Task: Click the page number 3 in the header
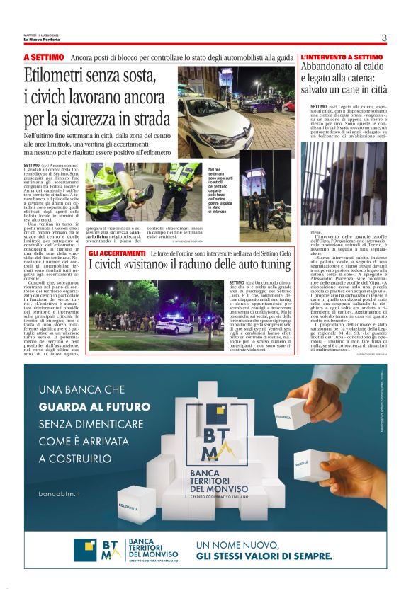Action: click(x=383, y=38)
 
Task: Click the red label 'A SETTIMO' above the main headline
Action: click(x=44, y=57)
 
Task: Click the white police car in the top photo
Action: click(x=213, y=113)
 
